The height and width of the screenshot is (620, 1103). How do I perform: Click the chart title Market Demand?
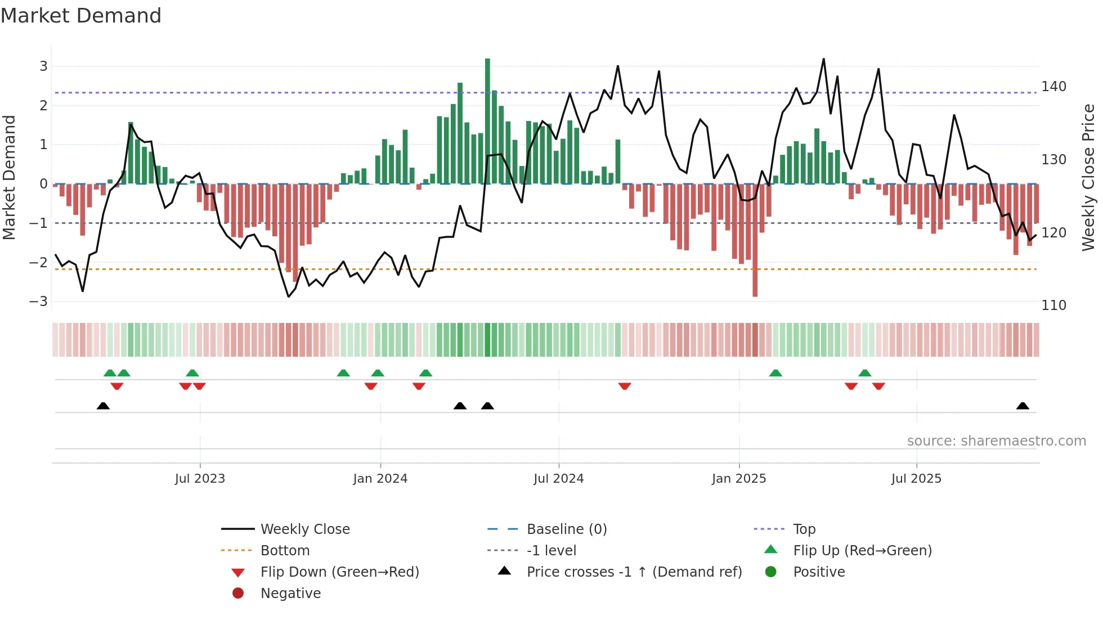tap(81, 16)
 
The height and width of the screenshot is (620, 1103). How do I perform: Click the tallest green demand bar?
tap(487, 121)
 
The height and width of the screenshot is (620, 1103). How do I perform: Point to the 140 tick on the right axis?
tap(1053, 87)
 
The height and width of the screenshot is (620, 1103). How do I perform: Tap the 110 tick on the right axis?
tap(1053, 305)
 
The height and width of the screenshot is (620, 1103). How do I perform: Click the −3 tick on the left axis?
tap(38, 302)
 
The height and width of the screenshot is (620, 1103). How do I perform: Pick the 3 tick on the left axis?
tap(43, 66)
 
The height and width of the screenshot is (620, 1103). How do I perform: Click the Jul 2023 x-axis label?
tap(200, 479)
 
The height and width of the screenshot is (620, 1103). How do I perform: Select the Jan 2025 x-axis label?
tap(738, 479)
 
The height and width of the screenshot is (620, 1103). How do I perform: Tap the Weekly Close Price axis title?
tap(1088, 177)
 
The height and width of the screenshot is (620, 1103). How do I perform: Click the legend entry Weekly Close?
tap(304, 529)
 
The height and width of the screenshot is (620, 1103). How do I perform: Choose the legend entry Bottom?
tap(285, 551)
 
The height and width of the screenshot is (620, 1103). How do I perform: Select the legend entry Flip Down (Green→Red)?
tap(339, 572)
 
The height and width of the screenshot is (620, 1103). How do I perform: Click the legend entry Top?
tap(804, 529)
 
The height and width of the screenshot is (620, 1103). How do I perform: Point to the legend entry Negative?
tap(290, 594)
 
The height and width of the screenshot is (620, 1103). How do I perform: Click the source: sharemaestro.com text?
tap(996, 441)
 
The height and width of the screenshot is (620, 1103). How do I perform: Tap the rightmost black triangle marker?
tap(1023, 406)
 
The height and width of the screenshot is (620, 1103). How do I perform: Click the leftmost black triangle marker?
tap(103, 406)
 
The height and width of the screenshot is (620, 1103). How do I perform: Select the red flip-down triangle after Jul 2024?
tap(625, 386)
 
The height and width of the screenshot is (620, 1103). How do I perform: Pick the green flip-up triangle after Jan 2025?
tap(775, 373)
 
